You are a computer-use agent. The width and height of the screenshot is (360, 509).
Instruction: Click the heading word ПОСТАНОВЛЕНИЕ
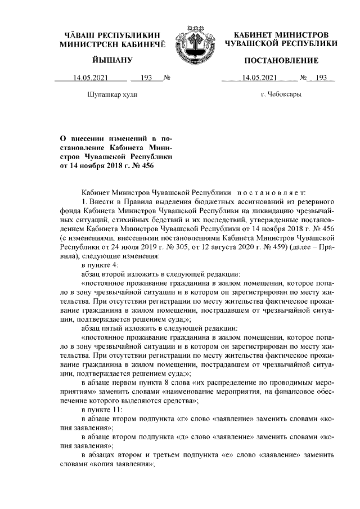[x=281, y=60]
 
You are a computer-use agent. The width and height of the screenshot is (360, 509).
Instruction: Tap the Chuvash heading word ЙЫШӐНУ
[x=112, y=60]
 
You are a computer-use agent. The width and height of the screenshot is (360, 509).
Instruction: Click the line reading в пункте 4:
[x=100, y=264]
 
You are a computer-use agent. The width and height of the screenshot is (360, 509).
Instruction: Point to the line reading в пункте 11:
[x=102, y=410]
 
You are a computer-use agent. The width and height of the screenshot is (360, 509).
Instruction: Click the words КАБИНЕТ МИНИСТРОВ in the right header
[x=281, y=35]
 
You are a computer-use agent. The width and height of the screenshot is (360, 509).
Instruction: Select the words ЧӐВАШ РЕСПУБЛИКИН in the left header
[x=112, y=35]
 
